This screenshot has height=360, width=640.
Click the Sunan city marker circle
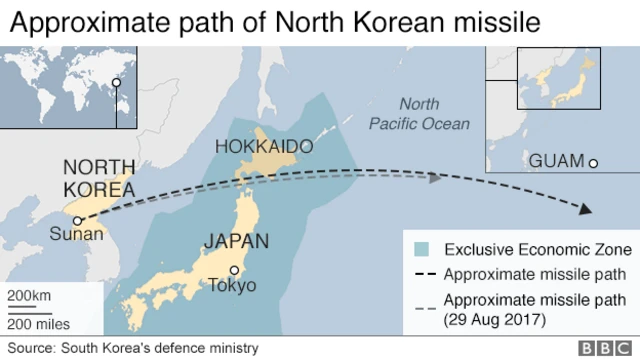pyautogui.click(x=77, y=222)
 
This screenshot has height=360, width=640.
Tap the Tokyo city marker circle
pyautogui.click(x=234, y=270)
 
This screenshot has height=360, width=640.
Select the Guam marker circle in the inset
pyautogui.click(x=593, y=163)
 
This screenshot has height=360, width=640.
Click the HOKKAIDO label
pyautogui.click(x=264, y=147)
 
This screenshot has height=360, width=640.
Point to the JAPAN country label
pyautogui.click(x=236, y=241)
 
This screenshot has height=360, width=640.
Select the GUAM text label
pyautogui.click(x=556, y=162)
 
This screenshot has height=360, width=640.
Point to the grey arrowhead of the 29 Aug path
pyautogui.click(x=435, y=178)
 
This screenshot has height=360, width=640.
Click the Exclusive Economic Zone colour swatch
pyautogui.click(x=423, y=249)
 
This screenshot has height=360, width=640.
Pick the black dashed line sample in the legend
pyautogui.click(x=423, y=274)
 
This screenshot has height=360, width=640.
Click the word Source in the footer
pyautogui.click(x=30, y=348)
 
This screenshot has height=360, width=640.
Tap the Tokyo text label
pyautogui.click(x=232, y=286)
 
